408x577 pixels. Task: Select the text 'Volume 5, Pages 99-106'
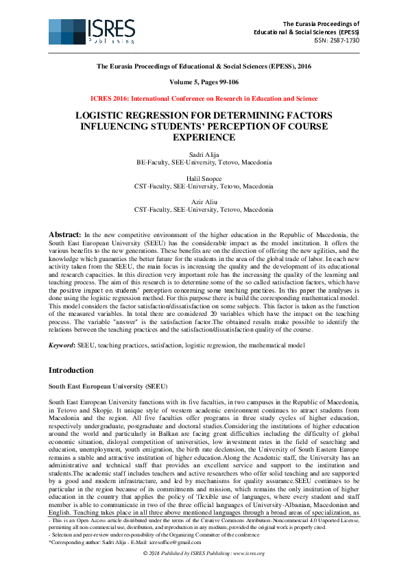tap(204, 82)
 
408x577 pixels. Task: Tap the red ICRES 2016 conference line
tap(204, 99)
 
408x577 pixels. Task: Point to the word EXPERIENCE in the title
tap(204, 137)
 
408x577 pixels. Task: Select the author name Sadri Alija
tap(204, 156)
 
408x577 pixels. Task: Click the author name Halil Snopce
tap(204, 178)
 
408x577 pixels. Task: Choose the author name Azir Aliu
tap(204, 201)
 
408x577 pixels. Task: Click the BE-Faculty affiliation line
tap(204, 163)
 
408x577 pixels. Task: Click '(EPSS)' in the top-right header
tap(346, 32)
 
